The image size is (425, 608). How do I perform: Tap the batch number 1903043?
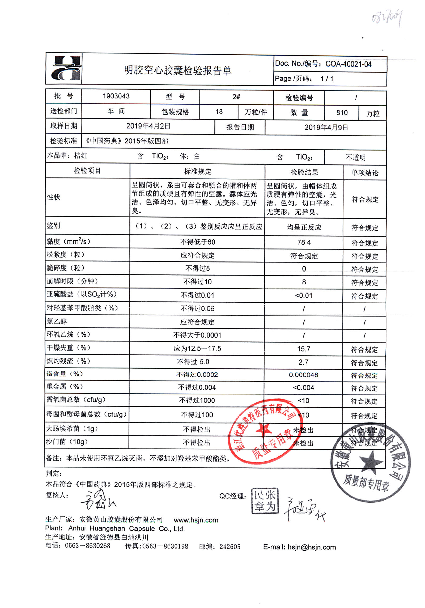[x=116, y=96]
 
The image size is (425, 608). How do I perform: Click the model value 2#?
[x=236, y=97]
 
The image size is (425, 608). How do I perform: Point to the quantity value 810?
[x=342, y=113]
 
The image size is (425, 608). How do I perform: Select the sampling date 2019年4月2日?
[x=148, y=126]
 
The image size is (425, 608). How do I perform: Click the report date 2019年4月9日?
[x=326, y=127]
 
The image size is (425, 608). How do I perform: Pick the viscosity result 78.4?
[x=304, y=242]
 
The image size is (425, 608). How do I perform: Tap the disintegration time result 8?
[x=304, y=282]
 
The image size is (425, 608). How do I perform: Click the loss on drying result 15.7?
[x=304, y=349]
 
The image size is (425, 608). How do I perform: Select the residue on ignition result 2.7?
[x=303, y=362]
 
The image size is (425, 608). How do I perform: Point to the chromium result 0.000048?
[x=303, y=375]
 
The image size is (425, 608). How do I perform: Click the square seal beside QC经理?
[x=265, y=501]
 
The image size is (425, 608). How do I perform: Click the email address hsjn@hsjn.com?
[x=312, y=547]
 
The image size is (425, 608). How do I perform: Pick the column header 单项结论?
[x=364, y=173]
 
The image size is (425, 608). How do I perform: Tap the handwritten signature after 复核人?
[x=98, y=500]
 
